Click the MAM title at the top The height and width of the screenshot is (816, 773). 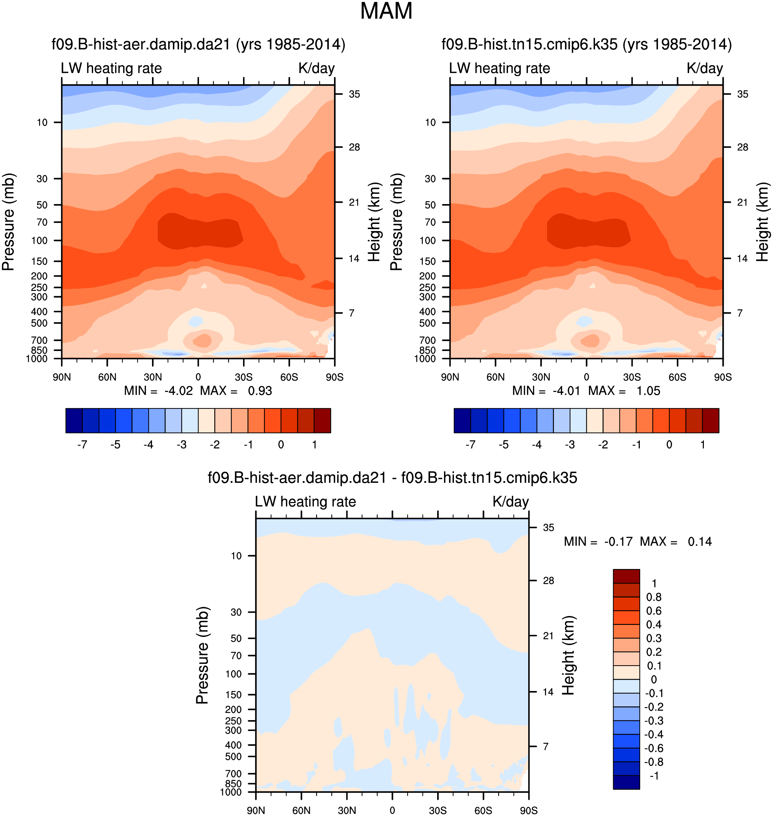pyautogui.click(x=386, y=11)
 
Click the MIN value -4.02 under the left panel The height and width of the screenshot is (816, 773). pyautogui.click(x=178, y=391)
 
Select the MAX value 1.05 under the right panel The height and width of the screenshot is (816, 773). pyautogui.click(x=648, y=391)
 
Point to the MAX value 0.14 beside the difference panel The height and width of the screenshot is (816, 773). pyautogui.click(x=700, y=541)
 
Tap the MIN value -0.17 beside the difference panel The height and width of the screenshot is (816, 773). pyautogui.click(x=618, y=541)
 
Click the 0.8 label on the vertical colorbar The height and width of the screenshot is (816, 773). pyautogui.click(x=654, y=597)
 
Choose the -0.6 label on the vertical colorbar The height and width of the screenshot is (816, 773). pyautogui.click(x=654, y=748)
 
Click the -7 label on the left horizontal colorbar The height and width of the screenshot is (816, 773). pyautogui.click(x=83, y=445)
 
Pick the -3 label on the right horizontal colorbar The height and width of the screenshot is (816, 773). pyautogui.click(x=570, y=445)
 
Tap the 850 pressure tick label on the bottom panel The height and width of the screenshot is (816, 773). pyautogui.click(x=233, y=783)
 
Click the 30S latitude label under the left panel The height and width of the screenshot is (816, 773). pyautogui.click(x=243, y=377)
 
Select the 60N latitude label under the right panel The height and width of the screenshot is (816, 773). pyautogui.click(x=495, y=377)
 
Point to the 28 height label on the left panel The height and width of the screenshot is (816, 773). pyautogui.click(x=354, y=147)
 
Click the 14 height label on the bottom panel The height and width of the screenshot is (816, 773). pyautogui.click(x=548, y=692)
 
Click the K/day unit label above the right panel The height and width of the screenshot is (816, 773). pyautogui.click(x=705, y=68)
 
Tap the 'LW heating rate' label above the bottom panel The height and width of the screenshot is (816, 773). pyautogui.click(x=305, y=502)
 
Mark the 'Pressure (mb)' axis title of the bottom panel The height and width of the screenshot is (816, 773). pyautogui.click(x=202, y=655)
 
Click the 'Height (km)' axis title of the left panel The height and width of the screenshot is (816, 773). pyautogui.click(x=374, y=222)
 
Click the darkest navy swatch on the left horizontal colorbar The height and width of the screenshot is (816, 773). pyautogui.click(x=74, y=421)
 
